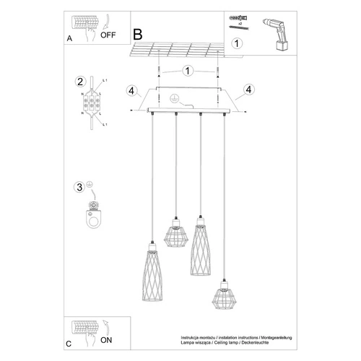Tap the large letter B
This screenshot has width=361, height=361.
139,34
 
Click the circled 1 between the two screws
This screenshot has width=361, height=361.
187,71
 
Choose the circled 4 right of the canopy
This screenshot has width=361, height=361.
248,90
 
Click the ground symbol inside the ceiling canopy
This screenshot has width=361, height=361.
173,99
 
